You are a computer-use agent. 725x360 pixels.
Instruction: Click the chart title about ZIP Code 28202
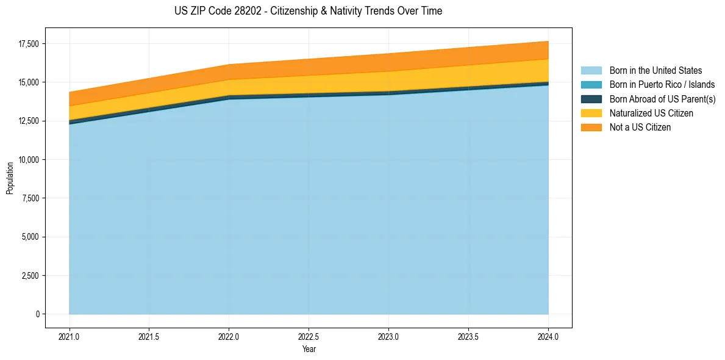tap(307, 11)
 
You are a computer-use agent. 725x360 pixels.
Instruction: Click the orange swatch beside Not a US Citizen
tap(591, 128)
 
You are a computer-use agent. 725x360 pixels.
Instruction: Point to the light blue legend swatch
tap(591, 71)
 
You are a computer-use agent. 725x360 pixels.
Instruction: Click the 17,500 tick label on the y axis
tap(28, 44)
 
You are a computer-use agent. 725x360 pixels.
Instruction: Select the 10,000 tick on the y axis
tap(28, 160)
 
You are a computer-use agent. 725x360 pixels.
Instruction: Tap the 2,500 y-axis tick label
tap(30, 276)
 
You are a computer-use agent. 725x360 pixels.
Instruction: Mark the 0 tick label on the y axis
tap(37, 314)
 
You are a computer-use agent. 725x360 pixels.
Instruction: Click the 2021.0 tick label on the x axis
tap(70, 337)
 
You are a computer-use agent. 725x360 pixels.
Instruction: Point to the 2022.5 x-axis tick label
tap(309, 337)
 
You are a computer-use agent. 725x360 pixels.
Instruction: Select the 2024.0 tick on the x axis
tap(548, 337)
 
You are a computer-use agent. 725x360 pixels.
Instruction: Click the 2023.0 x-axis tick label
tap(388, 337)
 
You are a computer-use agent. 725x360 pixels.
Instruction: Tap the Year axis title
tap(309, 349)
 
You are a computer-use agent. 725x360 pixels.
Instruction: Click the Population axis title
tap(10, 178)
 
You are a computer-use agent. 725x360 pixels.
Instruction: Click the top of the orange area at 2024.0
tap(548, 41)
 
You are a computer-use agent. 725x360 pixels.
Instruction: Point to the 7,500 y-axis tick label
tap(30, 198)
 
